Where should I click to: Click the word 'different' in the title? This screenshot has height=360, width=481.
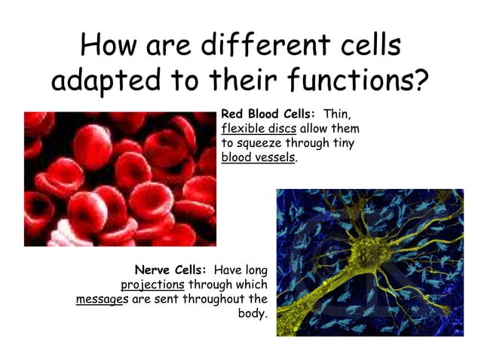coord(257,46)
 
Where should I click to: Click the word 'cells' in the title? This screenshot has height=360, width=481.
coord(368,46)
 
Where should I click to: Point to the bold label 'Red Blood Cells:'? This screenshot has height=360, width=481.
coord(268,114)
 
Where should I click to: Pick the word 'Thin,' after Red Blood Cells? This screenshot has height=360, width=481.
coord(337,114)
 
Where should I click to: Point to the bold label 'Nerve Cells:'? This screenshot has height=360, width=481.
coord(171,270)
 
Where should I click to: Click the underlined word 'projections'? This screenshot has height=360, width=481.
coord(152,285)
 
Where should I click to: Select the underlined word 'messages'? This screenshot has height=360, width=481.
coord(103,299)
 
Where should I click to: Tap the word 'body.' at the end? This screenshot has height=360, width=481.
coord(253,313)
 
